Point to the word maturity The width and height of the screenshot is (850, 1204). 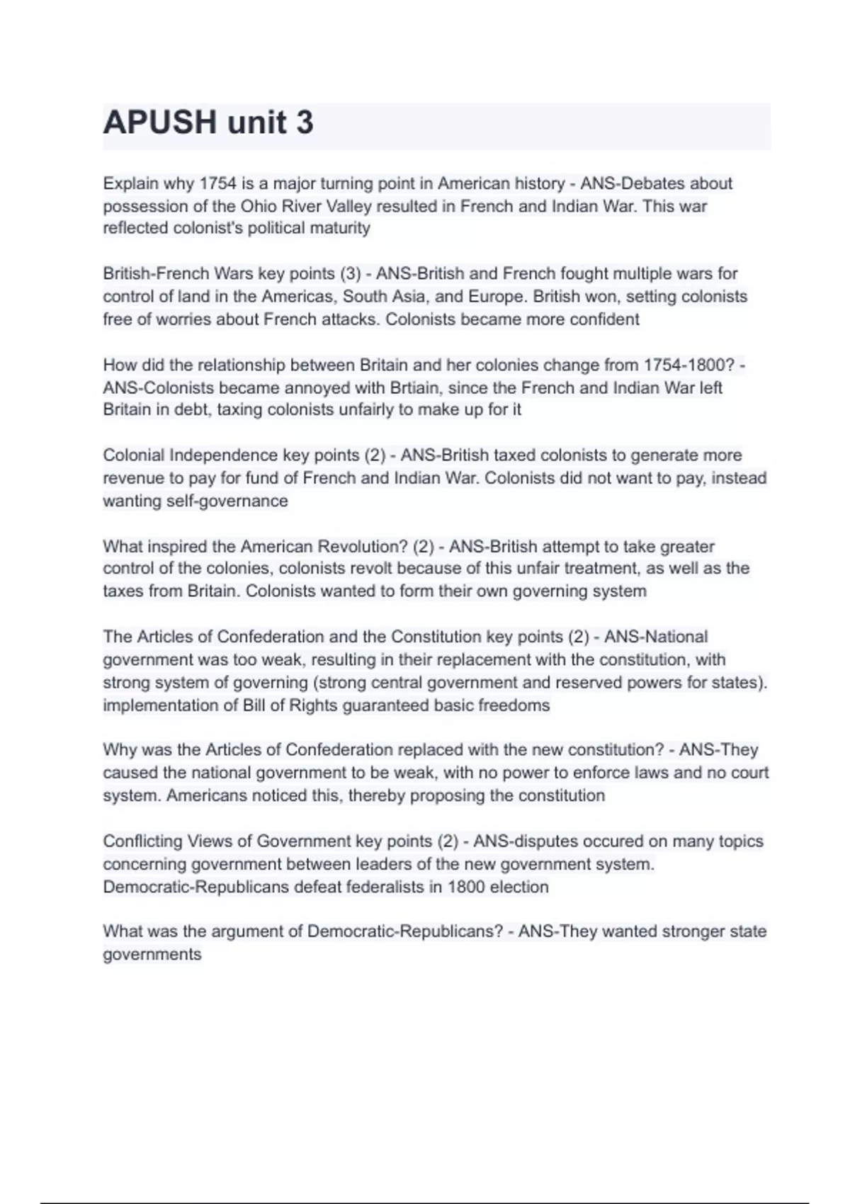click(x=340, y=228)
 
